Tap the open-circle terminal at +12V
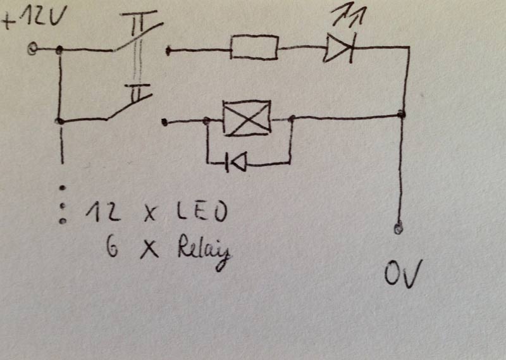32,49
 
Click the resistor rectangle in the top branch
254,48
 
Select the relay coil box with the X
247,118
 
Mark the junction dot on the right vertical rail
402,114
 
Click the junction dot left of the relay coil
207,120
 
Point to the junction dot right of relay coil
292,118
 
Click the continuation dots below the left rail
63,204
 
